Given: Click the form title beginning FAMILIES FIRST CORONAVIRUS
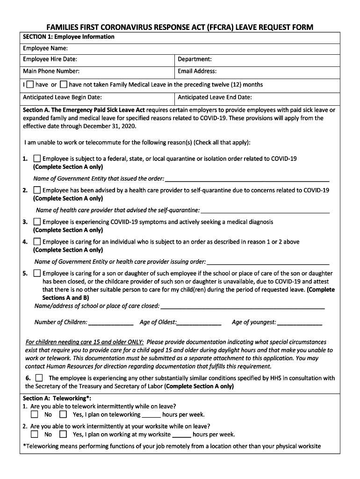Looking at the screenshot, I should tap(180, 27).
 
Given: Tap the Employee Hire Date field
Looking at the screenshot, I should tap(50, 59).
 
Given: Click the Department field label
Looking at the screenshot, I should tap(194, 59).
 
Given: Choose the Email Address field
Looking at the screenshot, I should tap(197, 72).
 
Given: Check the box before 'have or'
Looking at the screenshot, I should tap(30, 85).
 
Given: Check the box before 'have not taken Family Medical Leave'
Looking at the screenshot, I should tap(64, 85).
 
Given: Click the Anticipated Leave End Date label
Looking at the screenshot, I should tap(215, 97).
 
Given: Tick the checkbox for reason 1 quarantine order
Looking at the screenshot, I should tap(37, 159).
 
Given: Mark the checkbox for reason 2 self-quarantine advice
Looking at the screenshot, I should tap(37, 190).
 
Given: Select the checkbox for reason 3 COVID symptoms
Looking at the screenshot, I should tap(37, 222).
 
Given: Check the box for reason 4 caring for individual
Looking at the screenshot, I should tap(37, 242).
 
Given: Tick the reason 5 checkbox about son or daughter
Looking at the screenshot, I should tap(37, 273).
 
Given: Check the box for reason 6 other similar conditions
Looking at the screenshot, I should tap(39, 377).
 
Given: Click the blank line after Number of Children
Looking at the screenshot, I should tap(111, 323).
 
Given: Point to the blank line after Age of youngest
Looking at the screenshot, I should tap(299, 323).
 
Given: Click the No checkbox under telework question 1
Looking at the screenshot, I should tap(35, 414).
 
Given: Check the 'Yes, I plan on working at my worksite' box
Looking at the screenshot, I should tap(63, 434).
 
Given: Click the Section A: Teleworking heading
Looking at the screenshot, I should tap(57, 398).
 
